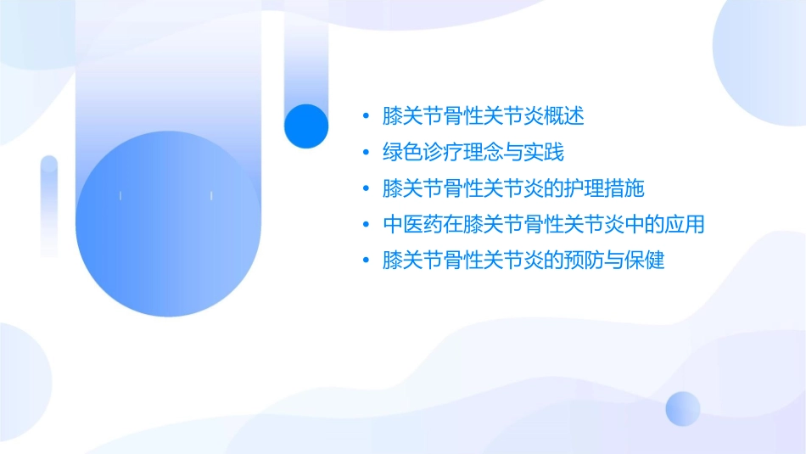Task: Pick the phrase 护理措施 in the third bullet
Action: (608, 188)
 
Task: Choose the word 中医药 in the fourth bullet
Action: (411, 225)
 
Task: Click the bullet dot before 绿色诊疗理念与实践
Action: (365, 154)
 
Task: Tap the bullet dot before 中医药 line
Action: (365, 226)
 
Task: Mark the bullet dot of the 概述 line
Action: (365, 117)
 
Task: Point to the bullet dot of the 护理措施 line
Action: (365, 189)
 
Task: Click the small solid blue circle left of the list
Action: (306, 126)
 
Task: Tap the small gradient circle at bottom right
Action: (683, 408)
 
